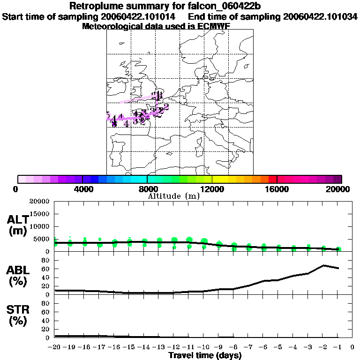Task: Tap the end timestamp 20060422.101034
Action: click(x=320, y=16)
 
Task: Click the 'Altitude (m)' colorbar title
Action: click(x=173, y=195)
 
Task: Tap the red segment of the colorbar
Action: click(x=272, y=179)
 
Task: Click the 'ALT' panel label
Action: click(x=17, y=220)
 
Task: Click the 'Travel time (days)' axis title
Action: click(x=205, y=355)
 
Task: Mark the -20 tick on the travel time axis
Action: click(x=54, y=347)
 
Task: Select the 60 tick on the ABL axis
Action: click(x=46, y=269)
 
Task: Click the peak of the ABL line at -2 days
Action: click(x=323, y=265)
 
